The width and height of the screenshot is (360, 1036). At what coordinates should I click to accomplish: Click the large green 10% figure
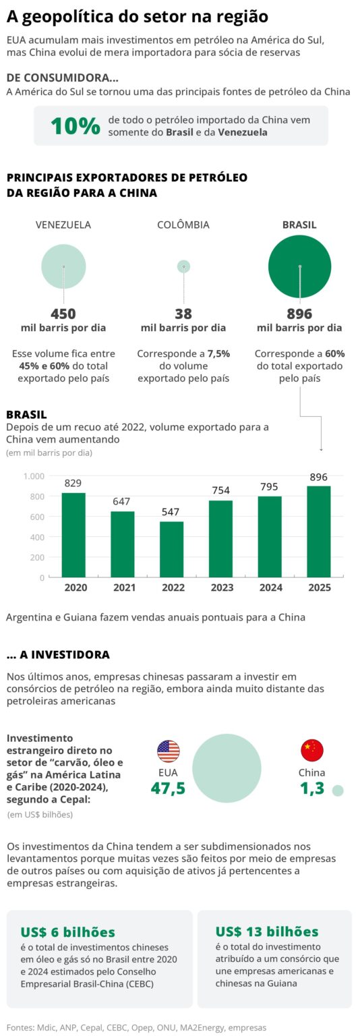(76, 126)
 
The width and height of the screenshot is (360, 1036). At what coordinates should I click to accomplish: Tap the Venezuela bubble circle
(63, 266)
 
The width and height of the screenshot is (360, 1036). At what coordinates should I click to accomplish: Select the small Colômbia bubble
(183, 266)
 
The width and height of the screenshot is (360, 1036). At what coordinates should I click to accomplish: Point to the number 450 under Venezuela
(63, 314)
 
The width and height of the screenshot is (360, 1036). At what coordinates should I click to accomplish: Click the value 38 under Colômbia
(183, 314)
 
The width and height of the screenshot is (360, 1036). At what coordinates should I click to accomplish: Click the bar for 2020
(74, 535)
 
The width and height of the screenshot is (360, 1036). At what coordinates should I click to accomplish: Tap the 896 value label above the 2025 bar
(319, 477)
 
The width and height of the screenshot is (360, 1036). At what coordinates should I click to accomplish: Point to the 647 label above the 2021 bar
(123, 502)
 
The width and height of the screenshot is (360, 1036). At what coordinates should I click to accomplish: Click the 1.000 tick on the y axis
(34, 476)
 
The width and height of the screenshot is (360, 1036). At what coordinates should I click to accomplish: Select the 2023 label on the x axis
(222, 587)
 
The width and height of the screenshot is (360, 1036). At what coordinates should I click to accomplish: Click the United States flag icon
(168, 751)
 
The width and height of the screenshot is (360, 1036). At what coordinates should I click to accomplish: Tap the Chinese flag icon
(311, 750)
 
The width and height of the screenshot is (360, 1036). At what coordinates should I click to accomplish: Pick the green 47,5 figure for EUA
(168, 788)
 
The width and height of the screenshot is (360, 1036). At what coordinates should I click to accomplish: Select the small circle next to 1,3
(338, 790)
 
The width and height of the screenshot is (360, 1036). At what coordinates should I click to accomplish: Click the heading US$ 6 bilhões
(68, 931)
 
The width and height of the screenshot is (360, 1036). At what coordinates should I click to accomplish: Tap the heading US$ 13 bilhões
(267, 931)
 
